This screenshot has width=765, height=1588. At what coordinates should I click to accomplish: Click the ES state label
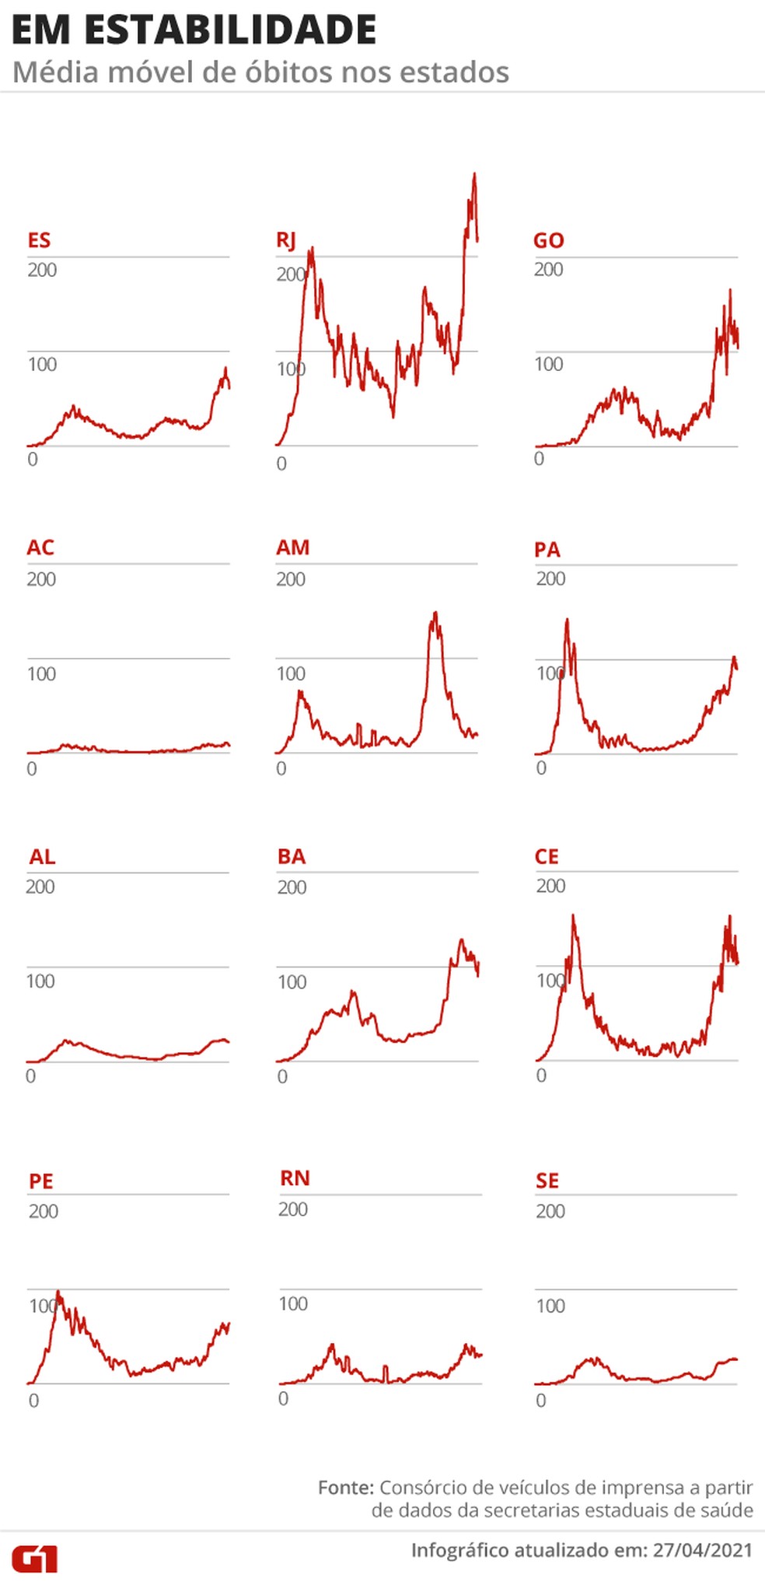(x=39, y=240)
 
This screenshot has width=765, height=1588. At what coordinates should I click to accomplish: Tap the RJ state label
(x=286, y=240)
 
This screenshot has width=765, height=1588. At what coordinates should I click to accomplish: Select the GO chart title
(x=548, y=240)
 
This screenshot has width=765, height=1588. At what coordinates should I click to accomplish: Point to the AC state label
(x=40, y=547)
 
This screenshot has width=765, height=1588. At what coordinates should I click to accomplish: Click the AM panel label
(x=292, y=547)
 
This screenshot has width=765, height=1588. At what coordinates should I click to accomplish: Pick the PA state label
(x=547, y=550)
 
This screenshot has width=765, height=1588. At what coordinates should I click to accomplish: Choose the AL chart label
(x=42, y=857)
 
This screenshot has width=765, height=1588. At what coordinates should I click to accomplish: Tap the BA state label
(x=292, y=857)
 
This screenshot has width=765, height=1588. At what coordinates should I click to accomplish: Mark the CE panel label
(x=547, y=857)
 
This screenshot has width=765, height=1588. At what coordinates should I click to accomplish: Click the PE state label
(x=41, y=1181)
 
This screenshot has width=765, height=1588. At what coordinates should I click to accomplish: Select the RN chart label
(x=295, y=1178)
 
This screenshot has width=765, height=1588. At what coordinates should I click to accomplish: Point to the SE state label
(x=547, y=1181)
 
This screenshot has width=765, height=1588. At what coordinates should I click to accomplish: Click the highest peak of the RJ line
(x=474, y=175)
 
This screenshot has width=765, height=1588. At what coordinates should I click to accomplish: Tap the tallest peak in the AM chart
(x=435, y=614)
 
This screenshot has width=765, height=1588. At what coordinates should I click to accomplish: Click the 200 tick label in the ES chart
(x=42, y=270)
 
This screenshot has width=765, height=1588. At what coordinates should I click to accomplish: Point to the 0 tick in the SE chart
(x=541, y=1401)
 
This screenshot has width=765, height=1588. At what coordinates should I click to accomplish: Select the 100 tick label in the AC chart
(x=41, y=673)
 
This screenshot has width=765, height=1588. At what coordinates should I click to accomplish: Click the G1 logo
(x=35, y=1558)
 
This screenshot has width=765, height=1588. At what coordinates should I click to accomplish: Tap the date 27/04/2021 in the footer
(x=702, y=1550)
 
